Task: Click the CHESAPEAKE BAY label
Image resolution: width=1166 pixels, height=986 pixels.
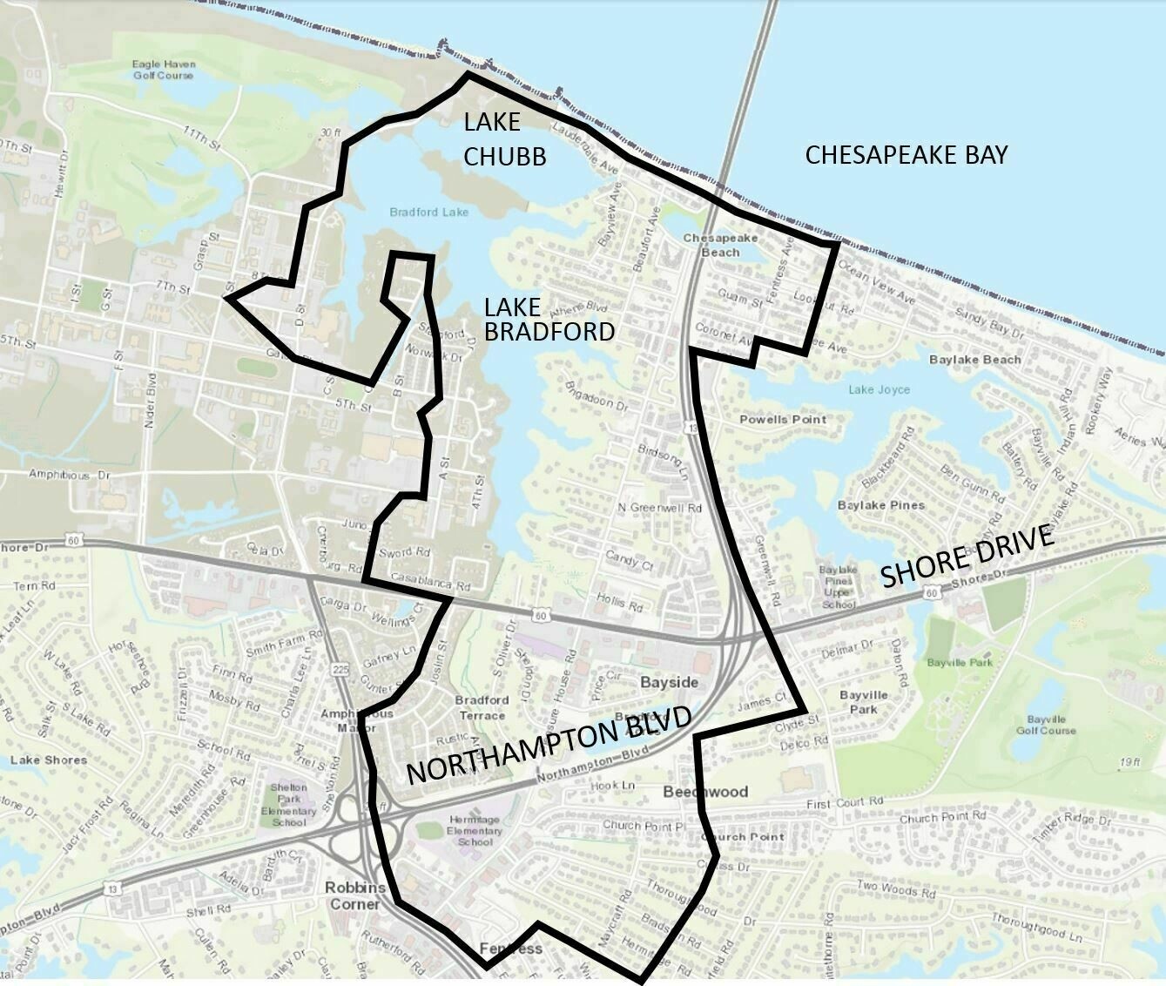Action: [x=906, y=155]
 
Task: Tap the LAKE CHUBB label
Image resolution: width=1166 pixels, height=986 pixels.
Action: [x=504, y=138]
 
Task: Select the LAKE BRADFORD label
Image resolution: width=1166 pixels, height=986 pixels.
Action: [x=549, y=319]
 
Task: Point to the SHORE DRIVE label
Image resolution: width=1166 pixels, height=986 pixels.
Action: [x=967, y=557]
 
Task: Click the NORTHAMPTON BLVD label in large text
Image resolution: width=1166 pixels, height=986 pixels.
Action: [x=549, y=746]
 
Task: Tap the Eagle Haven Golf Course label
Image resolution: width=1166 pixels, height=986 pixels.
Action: [x=164, y=69]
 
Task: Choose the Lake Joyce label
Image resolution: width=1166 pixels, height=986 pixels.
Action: [x=879, y=389]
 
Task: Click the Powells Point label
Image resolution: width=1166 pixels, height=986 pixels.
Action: [x=783, y=419]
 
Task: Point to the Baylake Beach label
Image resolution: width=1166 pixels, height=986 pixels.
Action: [x=974, y=359]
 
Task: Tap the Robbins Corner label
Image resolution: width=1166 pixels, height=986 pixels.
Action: [x=354, y=895]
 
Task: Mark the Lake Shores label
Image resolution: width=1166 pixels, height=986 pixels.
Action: [x=49, y=760]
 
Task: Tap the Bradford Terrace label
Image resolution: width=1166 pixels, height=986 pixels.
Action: [x=482, y=707]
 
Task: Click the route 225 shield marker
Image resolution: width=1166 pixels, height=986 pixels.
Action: [x=340, y=669]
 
